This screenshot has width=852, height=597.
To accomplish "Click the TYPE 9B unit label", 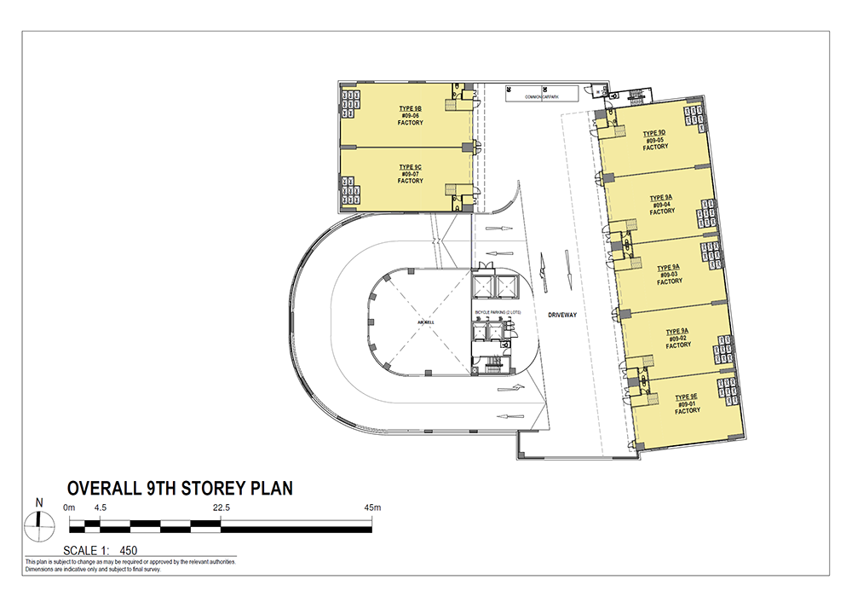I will (410, 109).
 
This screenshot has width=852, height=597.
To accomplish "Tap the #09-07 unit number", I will (410, 174).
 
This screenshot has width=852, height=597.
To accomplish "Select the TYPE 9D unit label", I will (654, 133).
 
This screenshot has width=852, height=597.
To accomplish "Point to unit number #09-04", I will (662, 205).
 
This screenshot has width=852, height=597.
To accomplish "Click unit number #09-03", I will (670, 274).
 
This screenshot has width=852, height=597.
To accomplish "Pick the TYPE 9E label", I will (688, 397).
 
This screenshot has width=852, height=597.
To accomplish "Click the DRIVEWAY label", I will (563, 316).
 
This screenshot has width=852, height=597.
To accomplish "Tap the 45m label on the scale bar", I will (371, 507).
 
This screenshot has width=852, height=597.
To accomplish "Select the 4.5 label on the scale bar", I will (100, 507).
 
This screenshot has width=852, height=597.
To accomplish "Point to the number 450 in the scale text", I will (130, 550).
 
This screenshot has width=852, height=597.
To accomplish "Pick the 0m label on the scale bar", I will (70, 507).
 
